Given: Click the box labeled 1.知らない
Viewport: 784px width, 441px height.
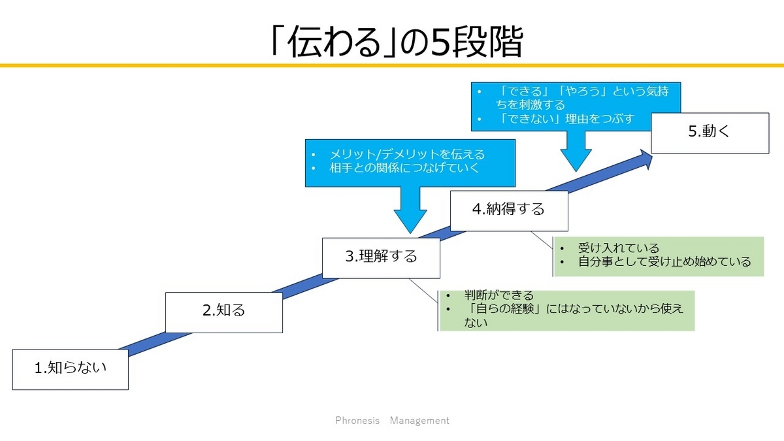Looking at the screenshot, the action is pos(71,369).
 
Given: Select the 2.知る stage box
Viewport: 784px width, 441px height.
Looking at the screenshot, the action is pos(224,312).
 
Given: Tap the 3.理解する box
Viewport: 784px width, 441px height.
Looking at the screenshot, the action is pos(381,258).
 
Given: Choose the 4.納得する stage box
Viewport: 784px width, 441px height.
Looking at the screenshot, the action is pos(509,210).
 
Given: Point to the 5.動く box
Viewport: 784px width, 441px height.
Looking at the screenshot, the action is pos(710,133).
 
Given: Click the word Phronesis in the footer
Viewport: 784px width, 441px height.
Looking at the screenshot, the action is pos(357,420).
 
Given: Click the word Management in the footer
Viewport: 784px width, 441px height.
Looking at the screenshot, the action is pos(419,420).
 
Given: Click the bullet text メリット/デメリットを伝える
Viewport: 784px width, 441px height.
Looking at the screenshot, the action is pos(407,154).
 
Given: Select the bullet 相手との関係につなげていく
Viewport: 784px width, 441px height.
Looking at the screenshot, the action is pos(404,168).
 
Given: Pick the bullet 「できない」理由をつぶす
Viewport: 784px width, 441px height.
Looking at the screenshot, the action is pos(566,119).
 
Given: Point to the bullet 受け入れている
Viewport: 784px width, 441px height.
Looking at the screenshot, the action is pos(619,248).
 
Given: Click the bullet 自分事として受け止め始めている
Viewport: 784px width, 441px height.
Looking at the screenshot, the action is pos(664,262).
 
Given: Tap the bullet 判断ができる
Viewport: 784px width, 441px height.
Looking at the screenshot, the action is pos(498,295).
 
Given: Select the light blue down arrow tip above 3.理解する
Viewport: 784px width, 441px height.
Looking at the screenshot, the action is pos(410,233).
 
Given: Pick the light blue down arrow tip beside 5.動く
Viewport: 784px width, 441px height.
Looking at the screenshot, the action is pos(576,171).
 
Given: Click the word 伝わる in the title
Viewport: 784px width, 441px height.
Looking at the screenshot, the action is pos(335,42).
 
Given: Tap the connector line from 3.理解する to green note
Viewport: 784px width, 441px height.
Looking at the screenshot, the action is pos(423,291).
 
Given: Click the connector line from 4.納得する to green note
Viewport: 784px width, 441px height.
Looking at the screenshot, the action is pos(542,240).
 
